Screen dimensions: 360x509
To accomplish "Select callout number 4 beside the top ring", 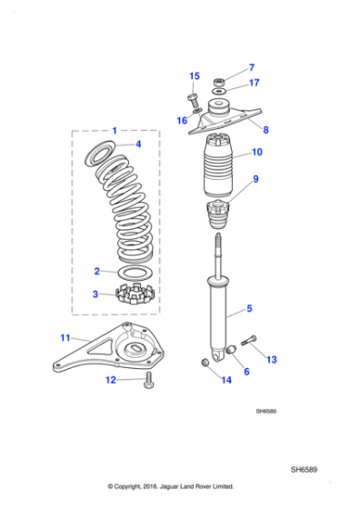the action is pyautogui.click(x=137, y=145).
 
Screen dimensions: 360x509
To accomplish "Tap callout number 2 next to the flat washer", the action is pyautogui.click(x=97, y=271).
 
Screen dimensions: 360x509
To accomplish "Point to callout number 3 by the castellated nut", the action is pyautogui.click(x=97, y=294).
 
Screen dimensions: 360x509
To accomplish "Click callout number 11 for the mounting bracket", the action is pyautogui.click(x=65, y=338).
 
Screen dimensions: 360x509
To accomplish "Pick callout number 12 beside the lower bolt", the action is pyautogui.click(x=111, y=380).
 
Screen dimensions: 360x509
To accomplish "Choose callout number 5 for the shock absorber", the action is pyautogui.click(x=250, y=310).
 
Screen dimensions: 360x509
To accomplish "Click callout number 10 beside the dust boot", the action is pyautogui.click(x=256, y=152).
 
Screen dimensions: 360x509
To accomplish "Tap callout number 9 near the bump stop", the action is pyautogui.click(x=255, y=179).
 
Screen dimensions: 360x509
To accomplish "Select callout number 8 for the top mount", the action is pyautogui.click(x=265, y=130).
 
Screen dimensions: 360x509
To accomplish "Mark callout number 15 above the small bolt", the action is pyautogui.click(x=194, y=76).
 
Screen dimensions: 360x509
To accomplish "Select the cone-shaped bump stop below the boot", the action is pyautogui.click(x=217, y=219).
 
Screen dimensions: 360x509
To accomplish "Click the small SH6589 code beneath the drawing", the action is pyautogui.click(x=265, y=411).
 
